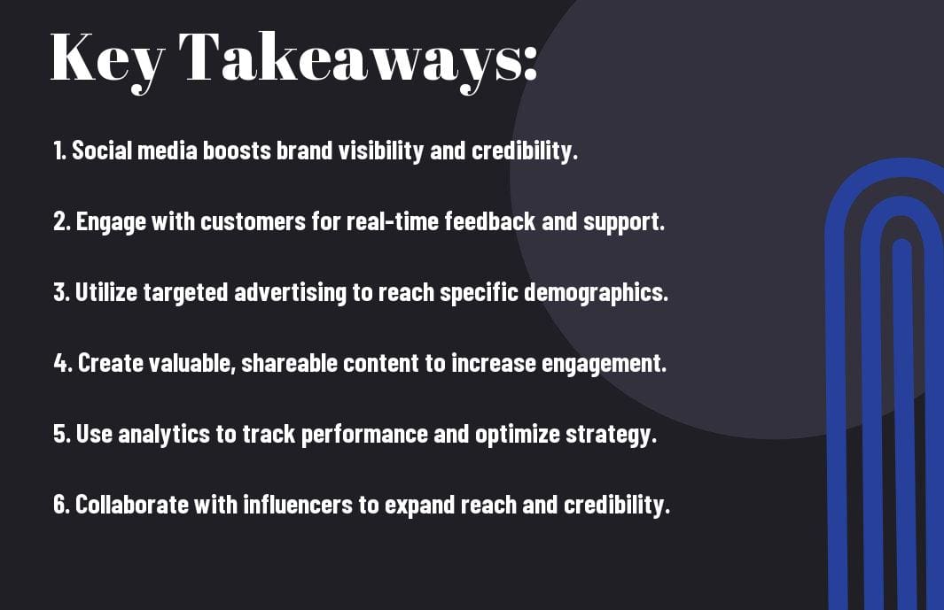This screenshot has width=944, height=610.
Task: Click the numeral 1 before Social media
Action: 58,151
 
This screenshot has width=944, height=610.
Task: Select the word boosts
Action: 237,151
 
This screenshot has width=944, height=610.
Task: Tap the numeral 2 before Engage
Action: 60,221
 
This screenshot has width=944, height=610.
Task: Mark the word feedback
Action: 490,220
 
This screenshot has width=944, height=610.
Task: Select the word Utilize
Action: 106,292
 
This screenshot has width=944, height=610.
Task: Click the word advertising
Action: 290,293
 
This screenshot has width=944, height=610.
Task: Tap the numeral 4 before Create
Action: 61,363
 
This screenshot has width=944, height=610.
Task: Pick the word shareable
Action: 289,363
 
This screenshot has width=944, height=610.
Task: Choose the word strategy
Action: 608,435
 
